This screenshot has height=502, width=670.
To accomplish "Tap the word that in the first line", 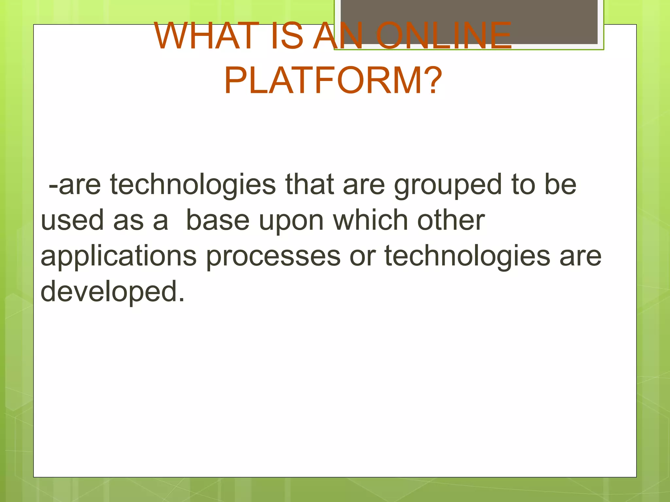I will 309,184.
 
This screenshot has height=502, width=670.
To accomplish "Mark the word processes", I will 273,257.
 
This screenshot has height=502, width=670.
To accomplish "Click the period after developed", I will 182,299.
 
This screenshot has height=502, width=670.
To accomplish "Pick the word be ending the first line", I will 560,184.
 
